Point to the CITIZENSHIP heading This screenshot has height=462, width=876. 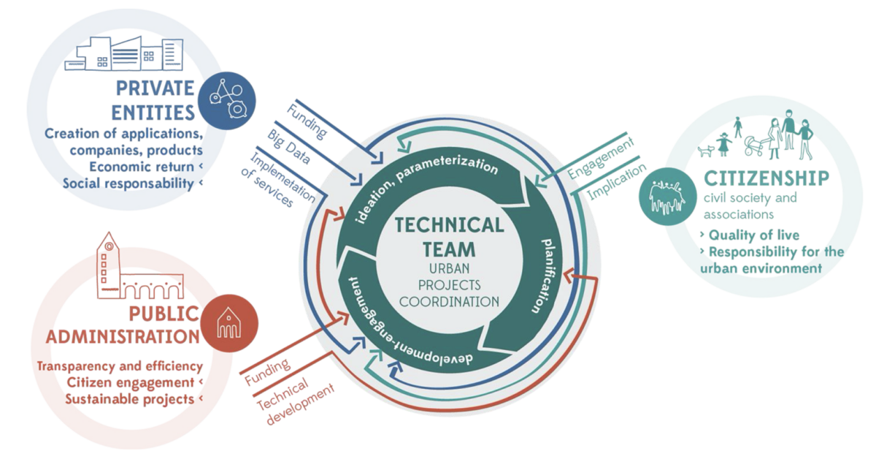click(x=766, y=178)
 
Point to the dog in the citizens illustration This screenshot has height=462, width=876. click(x=705, y=151)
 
